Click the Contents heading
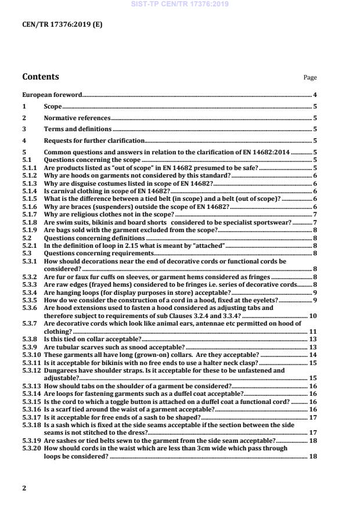[x=40, y=77]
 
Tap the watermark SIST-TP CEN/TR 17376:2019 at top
[x=179, y=4]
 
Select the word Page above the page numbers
[x=310, y=78]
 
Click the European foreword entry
[x=52, y=95]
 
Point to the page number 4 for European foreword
[x=314, y=95]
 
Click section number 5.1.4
[x=30, y=190]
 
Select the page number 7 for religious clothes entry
[x=314, y=214]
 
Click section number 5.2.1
[x=30, y=246]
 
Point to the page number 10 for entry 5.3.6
[x=313, y=316]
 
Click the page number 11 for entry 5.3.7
[x=313, y=331]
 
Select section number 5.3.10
[x=31, y=355]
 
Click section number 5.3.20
[x=31, y=449]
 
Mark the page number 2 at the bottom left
[x=24, y=488]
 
